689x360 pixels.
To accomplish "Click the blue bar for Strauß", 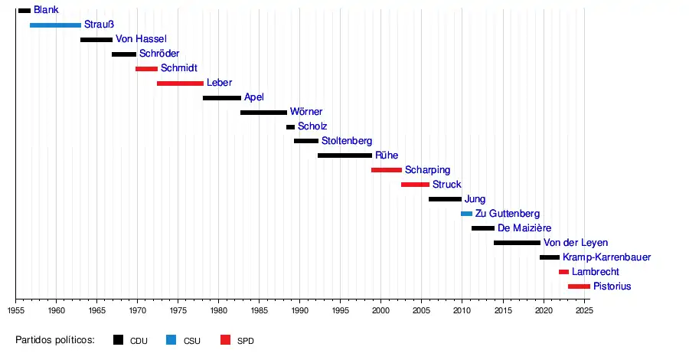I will coord(55,25).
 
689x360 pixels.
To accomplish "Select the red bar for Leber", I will coord(180,83).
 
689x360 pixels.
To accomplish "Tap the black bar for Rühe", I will coord(344,155).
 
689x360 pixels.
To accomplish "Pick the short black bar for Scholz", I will coord(290,127).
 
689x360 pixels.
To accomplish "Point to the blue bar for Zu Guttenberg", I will coord(466,214).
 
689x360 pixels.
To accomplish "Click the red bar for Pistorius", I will coord(579,286).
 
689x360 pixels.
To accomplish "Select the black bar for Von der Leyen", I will coord(517,243).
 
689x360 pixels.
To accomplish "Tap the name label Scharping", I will coord(427,170).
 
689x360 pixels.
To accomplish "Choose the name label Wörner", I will coord(305,112).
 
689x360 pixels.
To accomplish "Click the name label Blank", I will coord(46,10).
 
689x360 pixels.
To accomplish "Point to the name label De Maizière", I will coord(528,228).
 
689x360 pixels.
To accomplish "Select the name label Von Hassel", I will coord(141,39).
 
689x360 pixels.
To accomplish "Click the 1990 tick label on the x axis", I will coord(299,311).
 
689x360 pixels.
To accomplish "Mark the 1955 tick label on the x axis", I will coord(16,311).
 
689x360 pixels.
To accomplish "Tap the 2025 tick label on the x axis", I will coord(583,311).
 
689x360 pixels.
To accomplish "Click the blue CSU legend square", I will coord(171,340).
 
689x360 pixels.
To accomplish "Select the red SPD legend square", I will coord(225,340).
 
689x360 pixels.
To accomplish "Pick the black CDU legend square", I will coord(118,340).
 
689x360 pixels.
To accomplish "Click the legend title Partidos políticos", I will coord(54,340).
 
